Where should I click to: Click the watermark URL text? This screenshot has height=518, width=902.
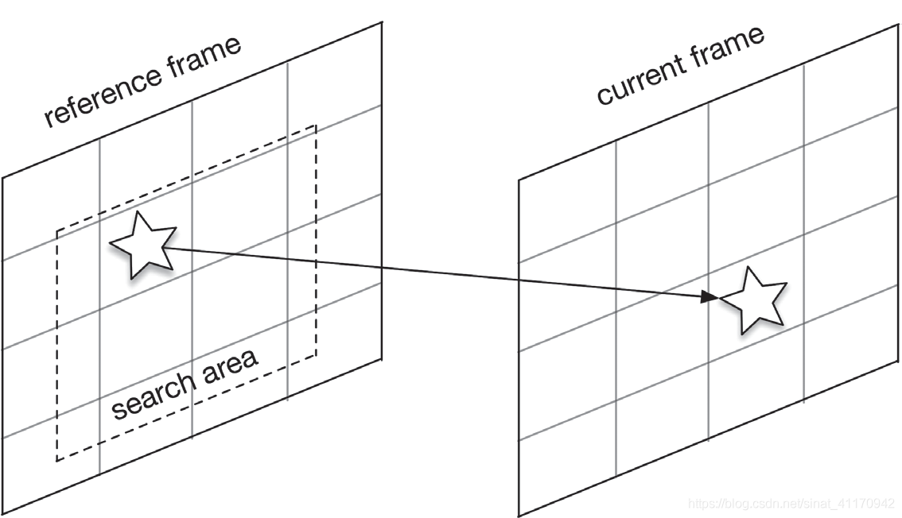pyautogui.click(x=791, y=504)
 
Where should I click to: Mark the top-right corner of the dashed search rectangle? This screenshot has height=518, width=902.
pyautogui.click(x=317, y=126)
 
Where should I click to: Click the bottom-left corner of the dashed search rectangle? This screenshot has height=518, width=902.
pyautogui.click(x=56, y=461)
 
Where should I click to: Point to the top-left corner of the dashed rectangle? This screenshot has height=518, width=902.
pyautogui.click(x=56, y=231)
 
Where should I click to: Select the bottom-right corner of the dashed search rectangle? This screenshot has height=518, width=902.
pyautogui.click(x=317, y=357)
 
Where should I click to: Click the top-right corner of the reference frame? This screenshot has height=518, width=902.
pyautogui.click(x=382, y=22)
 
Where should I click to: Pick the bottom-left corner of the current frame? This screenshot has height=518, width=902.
pyautogui.click(x=519, y=515)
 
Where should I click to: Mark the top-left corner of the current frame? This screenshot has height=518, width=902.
pyautogui.click(x=519, y=180)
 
